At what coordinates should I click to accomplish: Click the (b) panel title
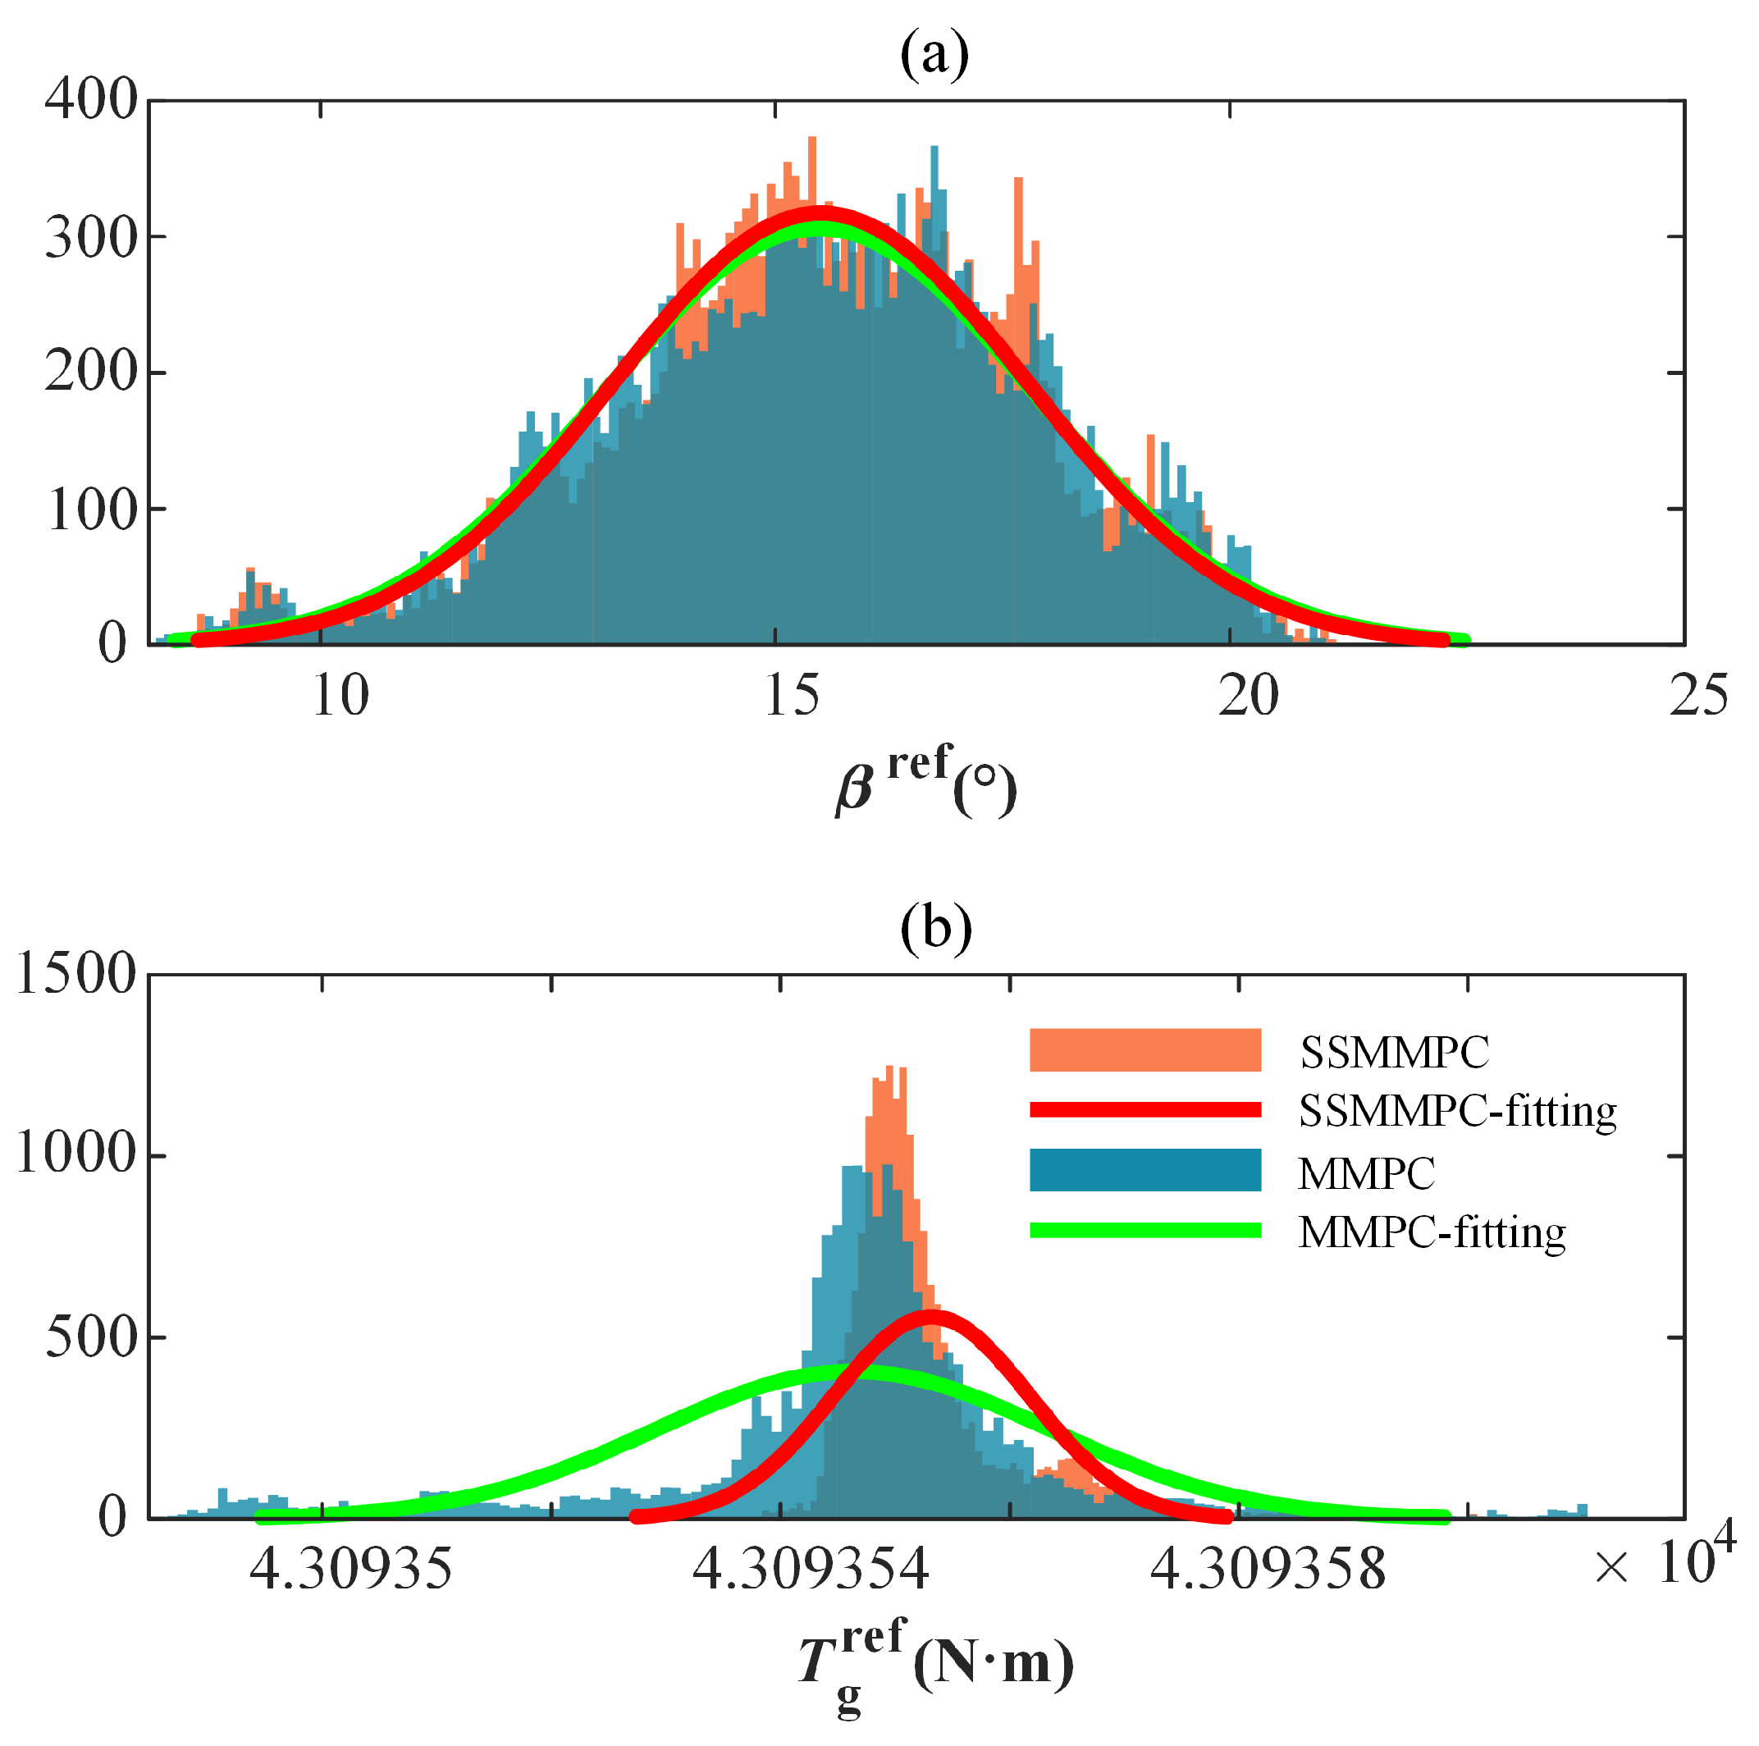tap(935, 929)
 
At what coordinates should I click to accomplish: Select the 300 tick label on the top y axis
tap(90, 239)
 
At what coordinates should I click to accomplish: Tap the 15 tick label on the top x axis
tap(791, 697)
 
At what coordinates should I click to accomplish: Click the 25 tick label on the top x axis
tap(1698, 697)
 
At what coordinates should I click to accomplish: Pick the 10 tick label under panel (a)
tap(340, 697)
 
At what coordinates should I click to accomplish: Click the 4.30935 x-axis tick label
tap(350, 1570)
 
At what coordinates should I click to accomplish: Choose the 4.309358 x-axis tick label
tap(1268, 1570)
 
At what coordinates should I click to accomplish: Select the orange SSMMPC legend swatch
tap(1144, 1049)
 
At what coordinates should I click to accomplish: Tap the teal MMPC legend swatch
tap(1144, 1170)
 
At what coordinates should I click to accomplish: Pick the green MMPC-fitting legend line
tap(1144, 1230)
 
